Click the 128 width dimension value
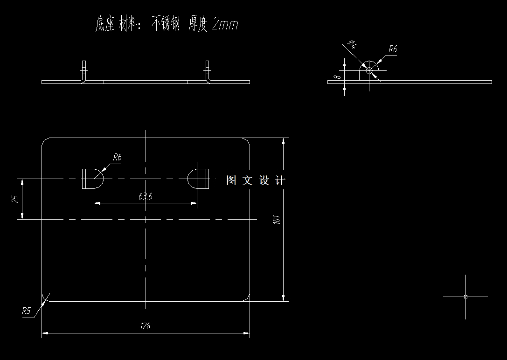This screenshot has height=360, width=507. pyautogui.click(x=145, y=326)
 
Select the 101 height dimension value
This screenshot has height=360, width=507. pyautogui.click(x=277, y=220)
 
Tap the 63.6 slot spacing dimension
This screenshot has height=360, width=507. pyautogui.click(x=145, y=196)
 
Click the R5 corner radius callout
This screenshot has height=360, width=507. pyautogui.click(x=26, y=311)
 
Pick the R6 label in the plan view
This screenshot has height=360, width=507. pyautogui.click(x=117, y=158)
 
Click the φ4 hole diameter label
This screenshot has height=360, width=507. pyautogui.click(x=353, y=44)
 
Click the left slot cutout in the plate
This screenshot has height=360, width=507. pyautogui.click(x=92, y=179)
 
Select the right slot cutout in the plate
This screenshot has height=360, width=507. pyautogui.click(x=198, y=179)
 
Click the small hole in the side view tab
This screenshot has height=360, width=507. pyautogui.click(x=369, y=70)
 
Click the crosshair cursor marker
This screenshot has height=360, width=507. pyautogui.click(x=465, y=297)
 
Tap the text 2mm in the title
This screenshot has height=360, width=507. pyautogui.click(x=225, y=24)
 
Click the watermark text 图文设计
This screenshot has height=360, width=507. pyautogui.click(x=255, y=180)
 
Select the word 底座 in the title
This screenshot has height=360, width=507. pyautogui.click(x=104, y=24)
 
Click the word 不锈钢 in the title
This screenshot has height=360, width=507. pyautogui.click(x=165, y=24)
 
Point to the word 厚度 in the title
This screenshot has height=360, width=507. pyautogui.click(x=197, y=24)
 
